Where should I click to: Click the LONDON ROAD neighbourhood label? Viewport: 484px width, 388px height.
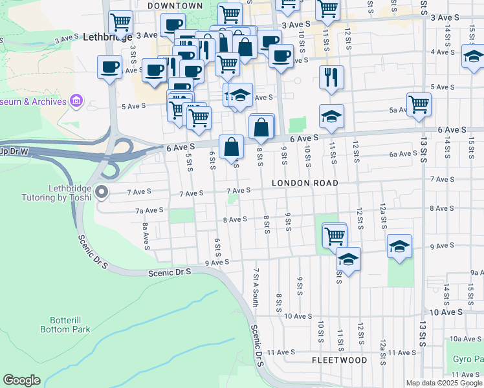(305, 184)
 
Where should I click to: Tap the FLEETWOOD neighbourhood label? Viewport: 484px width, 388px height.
(339, 360)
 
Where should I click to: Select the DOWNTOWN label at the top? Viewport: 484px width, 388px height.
(175, 6)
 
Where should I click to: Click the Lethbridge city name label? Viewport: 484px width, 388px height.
(107, 38)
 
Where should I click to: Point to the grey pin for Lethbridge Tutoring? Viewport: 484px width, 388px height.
(102, 191)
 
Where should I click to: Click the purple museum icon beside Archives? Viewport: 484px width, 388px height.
(76, 101)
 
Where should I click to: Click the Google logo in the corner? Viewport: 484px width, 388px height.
(21, 380)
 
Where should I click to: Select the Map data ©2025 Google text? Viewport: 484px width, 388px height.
(444, 383)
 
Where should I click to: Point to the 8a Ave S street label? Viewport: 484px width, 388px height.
(146, 233)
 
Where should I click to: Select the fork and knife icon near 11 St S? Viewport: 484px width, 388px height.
(331, 76)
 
